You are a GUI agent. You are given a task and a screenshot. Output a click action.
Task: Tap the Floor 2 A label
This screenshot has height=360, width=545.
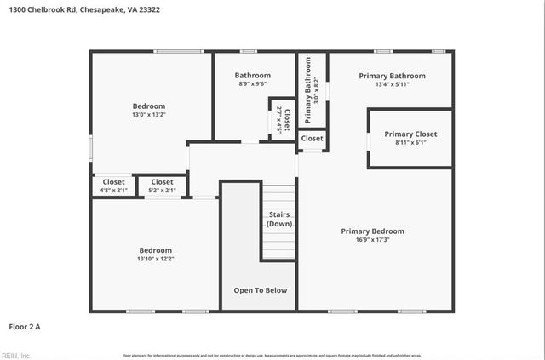pos(25,326)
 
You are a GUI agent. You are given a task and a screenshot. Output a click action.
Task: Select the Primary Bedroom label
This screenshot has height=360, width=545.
pos(372,231)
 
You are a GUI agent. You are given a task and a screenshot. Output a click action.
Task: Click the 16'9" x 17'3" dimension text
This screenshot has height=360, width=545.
pos(372,240)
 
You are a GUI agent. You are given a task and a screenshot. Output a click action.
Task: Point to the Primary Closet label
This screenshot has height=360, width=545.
pos(410,134)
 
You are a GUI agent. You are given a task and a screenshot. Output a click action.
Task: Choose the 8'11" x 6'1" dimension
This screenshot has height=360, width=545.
pos(410,143)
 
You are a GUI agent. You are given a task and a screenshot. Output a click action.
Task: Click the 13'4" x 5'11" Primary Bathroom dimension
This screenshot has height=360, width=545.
pos(392,85)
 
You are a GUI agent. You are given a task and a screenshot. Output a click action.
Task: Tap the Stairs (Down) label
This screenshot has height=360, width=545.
pos(279,219)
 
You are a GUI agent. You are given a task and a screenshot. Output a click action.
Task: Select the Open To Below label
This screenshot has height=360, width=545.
pos(261,290)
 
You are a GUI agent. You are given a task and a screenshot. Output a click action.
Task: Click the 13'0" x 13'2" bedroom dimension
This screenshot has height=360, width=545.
pos(148,115)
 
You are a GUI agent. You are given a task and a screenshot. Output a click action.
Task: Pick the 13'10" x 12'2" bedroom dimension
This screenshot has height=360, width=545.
pos(155,260)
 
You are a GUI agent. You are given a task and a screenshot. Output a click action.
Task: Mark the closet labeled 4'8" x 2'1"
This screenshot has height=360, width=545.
pos(113,190)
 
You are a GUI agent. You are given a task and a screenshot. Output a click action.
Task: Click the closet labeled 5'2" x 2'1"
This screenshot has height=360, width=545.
pos(162,190)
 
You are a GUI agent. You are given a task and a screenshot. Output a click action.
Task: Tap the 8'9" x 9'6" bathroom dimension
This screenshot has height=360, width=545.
pos(253,85)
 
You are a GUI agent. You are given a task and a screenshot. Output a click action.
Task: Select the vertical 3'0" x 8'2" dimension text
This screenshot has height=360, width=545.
pos(317,90)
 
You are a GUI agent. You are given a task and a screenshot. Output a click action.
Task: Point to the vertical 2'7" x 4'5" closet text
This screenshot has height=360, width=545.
pos(278,119)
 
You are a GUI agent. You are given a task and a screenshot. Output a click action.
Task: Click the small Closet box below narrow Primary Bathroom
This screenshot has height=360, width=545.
pos(312,138)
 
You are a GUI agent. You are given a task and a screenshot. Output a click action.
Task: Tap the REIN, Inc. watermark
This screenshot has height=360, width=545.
pos(17,355)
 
